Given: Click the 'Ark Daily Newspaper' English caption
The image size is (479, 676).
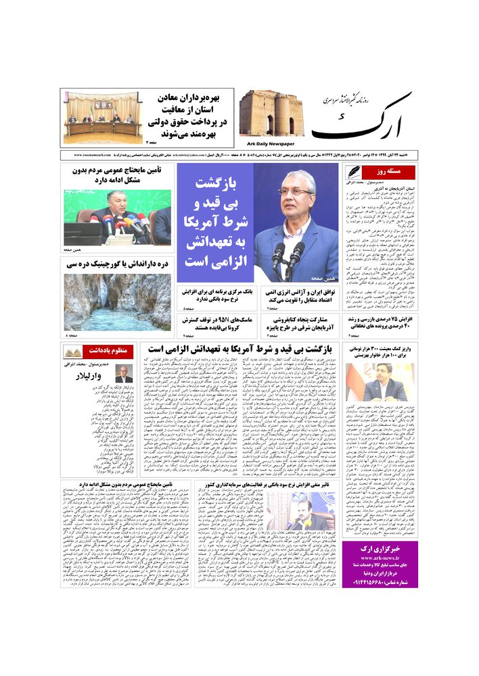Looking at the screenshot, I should (x=269, y=143).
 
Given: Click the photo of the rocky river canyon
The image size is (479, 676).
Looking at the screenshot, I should (x=118, y=301).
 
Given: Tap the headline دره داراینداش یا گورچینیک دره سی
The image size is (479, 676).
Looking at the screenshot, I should (x=118, y=264).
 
